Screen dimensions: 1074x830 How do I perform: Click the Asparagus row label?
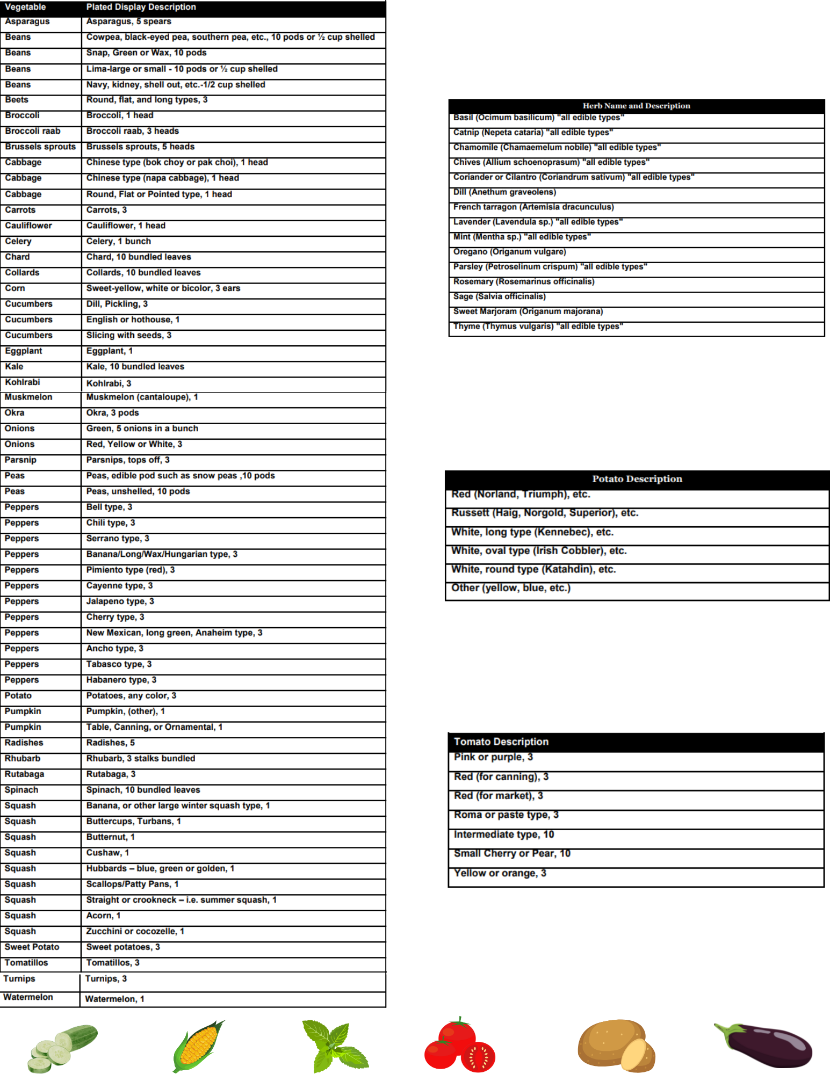coord(27,22)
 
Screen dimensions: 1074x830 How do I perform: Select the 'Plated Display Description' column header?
coord(141,8)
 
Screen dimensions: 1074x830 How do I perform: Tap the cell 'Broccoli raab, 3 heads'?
coord(133,132)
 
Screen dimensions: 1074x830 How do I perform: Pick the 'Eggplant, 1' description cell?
coord(110,351)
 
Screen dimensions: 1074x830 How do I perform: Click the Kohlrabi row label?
coord(23,382)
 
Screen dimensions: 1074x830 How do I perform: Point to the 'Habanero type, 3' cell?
coord(121,680)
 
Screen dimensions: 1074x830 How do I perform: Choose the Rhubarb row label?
coord(23,759)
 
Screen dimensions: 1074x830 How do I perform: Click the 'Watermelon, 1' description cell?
coord(115,999)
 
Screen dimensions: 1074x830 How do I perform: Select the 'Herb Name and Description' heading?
coord(636,106)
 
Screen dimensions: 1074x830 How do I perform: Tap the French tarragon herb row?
coord(533,207)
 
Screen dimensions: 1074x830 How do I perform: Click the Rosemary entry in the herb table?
coord(524,282)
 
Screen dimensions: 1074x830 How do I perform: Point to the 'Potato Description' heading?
coord(637,479)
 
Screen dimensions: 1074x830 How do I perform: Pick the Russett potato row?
coord(545,513)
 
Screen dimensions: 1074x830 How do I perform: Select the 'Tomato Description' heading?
coord(501,742)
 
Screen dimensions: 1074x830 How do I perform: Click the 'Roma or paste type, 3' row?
coord(506,815)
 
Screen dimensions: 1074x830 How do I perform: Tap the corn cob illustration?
coord(198,1046)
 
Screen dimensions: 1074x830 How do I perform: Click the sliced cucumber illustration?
coord(62,1047)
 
